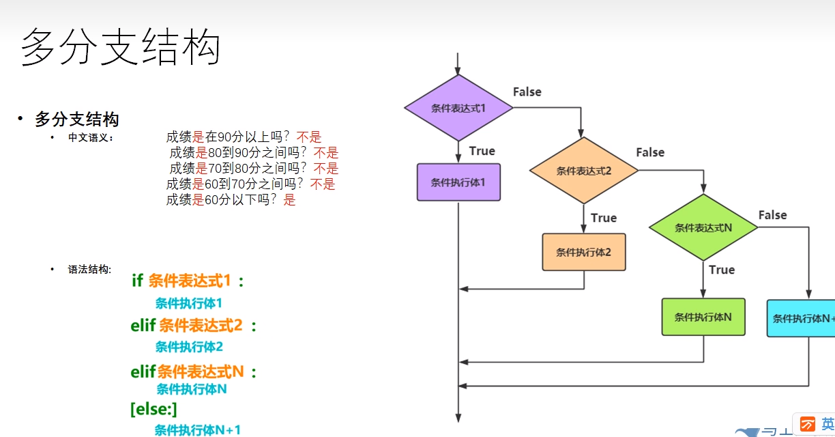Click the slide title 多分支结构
pos(121,48)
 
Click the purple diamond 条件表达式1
pos(458,108)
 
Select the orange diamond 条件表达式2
pos(584,171)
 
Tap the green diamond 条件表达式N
pos(703,228)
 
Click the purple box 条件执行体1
pos(458,182)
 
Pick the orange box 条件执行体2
pos(583,252)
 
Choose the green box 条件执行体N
pos(703,317)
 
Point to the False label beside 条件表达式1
pos(527,92)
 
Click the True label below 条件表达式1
pos(482,151)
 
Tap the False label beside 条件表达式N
pos(772,215)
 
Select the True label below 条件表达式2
pos(603,218)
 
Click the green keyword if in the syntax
pos(137,281)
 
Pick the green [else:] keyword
pos(153,409)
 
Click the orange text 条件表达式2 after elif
pos(201,326)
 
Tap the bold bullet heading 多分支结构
pos(77,119)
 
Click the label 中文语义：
pos(91,137)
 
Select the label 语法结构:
pos(89,270)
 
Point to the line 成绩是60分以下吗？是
pos(231,200)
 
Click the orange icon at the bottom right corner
pos(808,423)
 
